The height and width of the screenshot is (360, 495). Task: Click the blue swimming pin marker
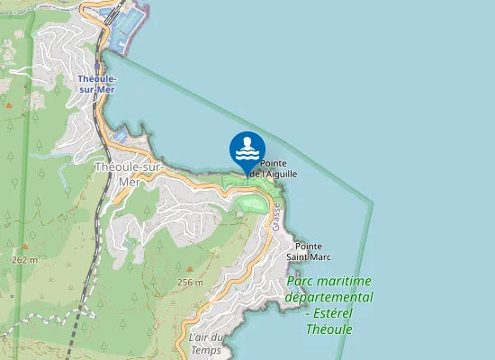coord(247,149)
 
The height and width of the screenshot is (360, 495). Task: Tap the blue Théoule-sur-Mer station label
coord(98,83)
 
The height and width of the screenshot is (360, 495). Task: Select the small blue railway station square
coord(96,65)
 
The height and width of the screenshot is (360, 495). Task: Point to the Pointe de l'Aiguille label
coord(279,168)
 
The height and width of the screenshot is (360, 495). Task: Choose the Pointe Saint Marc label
coord(309,251)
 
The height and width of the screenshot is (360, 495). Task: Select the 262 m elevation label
coord(25,259)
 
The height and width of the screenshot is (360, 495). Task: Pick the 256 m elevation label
coord(190,282)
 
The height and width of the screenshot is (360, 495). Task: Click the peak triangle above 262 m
coord(25,246)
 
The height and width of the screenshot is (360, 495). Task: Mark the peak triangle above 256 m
coord(190,268)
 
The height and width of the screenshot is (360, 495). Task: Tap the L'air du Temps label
coord(206,343)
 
